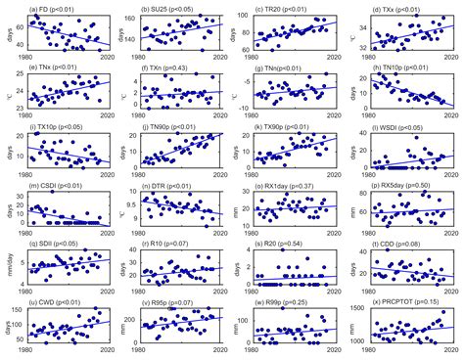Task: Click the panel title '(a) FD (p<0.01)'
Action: click(x=58, y=8)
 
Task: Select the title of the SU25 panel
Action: click(x=172, y=8)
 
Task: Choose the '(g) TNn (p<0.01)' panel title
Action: click(x=285, y=67)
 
